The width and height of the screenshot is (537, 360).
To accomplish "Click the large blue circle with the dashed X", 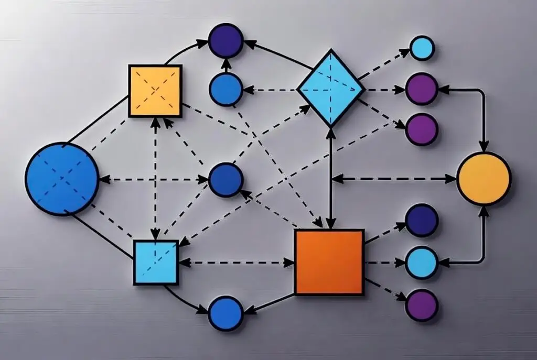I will pyautogui.click(x=62, y=179).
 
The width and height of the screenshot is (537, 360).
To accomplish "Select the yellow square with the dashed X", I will pyautogui.click(x=155, y=91).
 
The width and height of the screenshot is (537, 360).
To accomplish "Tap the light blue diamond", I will pyautogui.click(x=330, y=88).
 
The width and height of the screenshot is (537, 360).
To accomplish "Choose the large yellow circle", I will pyautogui.click(x=483, y=179).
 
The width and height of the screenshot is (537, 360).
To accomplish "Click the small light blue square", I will pyautogui.click(x=156, y=262).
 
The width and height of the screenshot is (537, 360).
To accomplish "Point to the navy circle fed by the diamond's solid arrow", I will pyautogui.click(x=225, y=40).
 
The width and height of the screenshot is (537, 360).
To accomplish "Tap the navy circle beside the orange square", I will pyautogui.click(x=422, y=220).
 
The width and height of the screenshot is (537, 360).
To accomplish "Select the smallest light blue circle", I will pyautogui.click(x=422, y=48).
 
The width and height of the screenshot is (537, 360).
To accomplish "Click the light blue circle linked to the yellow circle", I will pyautogui.click(x=422, y=262).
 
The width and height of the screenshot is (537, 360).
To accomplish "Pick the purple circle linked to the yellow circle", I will pyautogui.click(x=422, y=89).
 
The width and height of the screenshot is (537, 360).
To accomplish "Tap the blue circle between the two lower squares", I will pyautogui.click(x=225, y=313).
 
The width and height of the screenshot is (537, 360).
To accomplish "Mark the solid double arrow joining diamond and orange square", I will pyautogui.click(x=330, y=178).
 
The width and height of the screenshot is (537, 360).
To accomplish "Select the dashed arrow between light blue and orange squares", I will pyautogui.click(x=236, y=262).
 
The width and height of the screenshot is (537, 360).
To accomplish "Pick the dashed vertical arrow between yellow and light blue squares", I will pyautogui.click(x=155, y=178).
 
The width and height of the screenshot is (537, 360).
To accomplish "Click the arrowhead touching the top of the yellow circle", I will pyautogui.click(x=483, y=146).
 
